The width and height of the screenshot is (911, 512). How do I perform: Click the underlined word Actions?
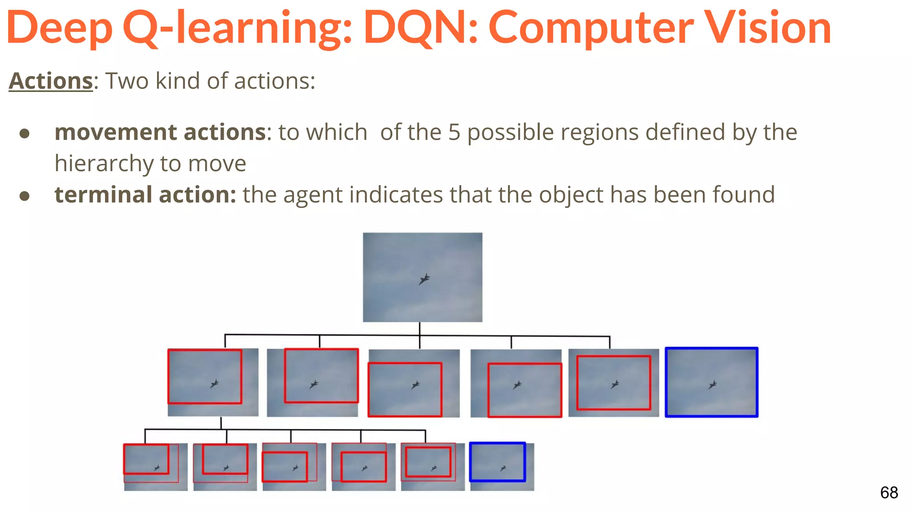51,81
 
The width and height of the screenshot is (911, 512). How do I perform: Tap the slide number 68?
889,492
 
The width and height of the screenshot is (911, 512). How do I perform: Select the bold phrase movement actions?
160,132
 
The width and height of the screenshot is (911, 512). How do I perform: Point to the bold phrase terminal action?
145,195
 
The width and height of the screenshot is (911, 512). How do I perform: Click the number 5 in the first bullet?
454,132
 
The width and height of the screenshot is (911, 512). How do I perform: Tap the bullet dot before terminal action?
25,196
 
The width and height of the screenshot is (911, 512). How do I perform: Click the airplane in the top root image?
424,279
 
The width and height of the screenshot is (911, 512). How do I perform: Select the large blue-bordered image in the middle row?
711,382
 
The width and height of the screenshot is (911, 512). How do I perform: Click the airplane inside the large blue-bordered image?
713,384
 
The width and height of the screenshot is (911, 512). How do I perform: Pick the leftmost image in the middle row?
213,382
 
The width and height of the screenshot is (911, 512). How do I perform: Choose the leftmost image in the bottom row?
155,467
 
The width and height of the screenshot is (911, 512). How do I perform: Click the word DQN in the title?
420,28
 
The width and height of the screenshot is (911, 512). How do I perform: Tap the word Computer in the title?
591,28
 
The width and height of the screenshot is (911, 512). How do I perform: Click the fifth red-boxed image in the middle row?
613,383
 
